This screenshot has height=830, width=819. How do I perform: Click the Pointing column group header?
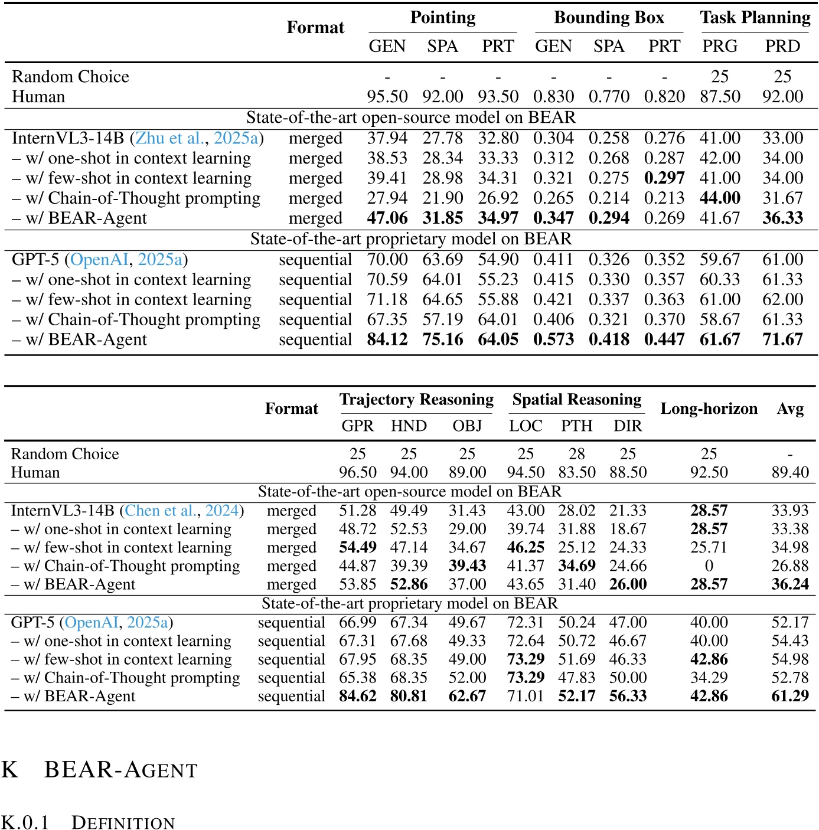tap(443, 18)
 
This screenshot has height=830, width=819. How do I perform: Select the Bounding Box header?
tap(609, 18)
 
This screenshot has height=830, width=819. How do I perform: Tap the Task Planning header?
tap(755, 18)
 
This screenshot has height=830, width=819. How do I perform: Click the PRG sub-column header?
tap(720, 46)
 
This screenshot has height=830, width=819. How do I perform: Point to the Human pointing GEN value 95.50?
tap(387, 96)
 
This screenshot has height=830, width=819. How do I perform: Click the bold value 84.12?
tap(387, 339)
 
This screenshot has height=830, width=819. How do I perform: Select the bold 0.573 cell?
tap(553, 339)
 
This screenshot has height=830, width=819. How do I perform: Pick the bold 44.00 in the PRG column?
tap(720, 198)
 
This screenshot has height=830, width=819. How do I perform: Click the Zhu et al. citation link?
tap(169, 138)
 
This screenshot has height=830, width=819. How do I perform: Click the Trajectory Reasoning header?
tap(416, 400)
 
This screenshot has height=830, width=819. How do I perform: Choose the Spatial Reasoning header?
tap(576, 400)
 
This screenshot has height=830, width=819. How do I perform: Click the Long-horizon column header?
tap(709, 409)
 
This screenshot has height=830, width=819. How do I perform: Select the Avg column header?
tap(790, 409)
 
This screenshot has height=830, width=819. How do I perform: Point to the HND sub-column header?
tap(409, 426)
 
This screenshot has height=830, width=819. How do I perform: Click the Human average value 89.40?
tap(790, 472)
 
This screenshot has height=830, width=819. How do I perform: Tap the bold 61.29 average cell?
tap(790, 696)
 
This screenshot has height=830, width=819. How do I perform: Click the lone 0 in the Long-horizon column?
tap(709, 566)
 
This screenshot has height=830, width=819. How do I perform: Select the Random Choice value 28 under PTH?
tap(576, 454)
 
